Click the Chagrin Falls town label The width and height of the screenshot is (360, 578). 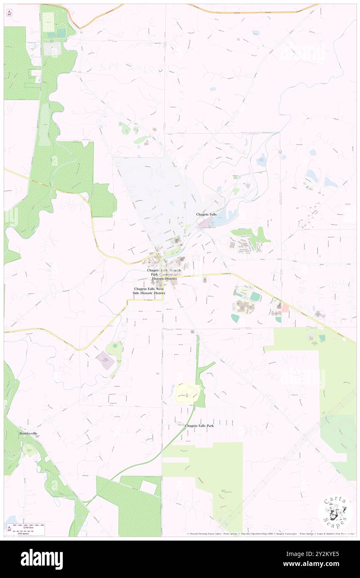point(206,214)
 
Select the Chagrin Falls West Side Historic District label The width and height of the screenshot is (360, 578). point(149,291)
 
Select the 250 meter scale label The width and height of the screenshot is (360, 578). point(29,532)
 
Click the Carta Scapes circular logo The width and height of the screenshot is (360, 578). point(335,512)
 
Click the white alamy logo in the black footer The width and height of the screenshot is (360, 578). point(42,559)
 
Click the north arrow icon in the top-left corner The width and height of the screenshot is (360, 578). point(10,12)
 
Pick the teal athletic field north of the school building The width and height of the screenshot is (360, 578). point(255,296)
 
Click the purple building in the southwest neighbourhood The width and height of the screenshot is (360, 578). point(106,360)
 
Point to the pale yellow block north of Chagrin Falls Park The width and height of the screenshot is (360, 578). point(184,391)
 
